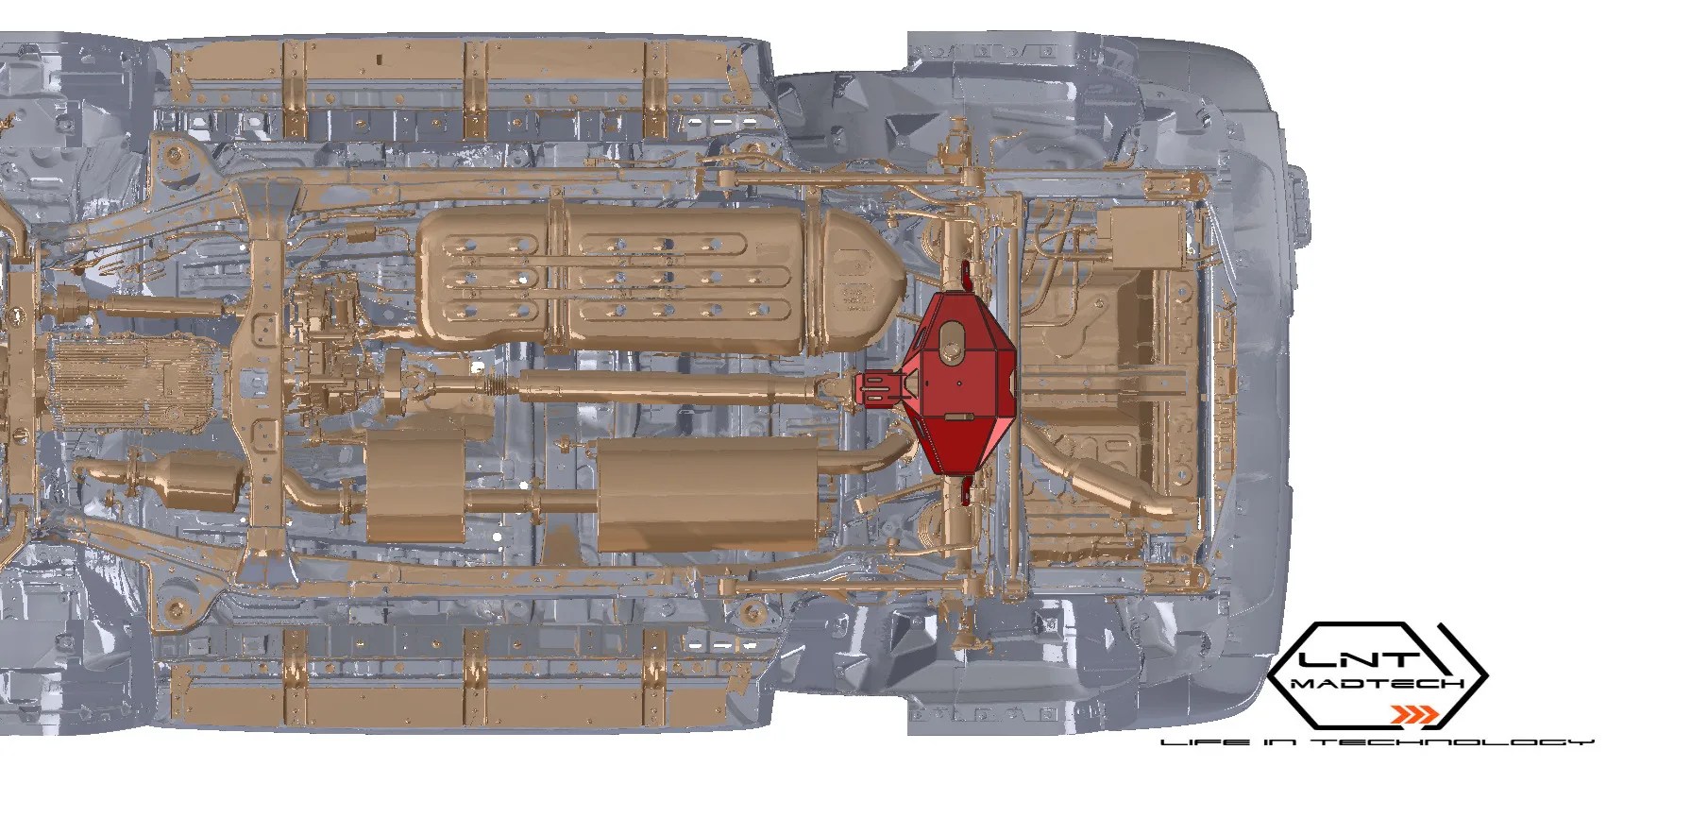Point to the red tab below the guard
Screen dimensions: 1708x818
(x=965, y=491)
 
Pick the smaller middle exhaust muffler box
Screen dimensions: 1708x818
(x=412, y=486)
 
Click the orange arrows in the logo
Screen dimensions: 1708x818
(x=1416, y=712)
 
